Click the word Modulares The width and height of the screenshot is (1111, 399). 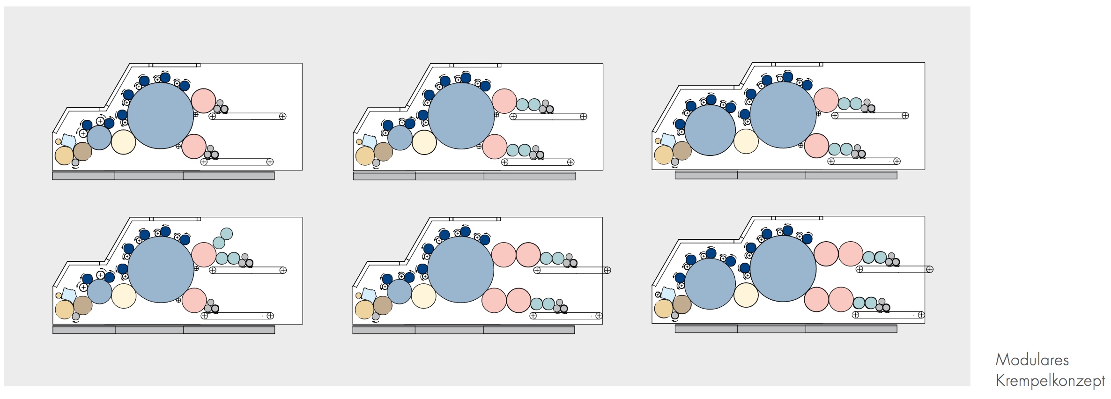pyautogui.click(x=1032, y=360)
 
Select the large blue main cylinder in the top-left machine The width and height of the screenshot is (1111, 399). pyautogui.click(x=161, y=116)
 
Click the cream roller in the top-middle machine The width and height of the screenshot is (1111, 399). pyautogui.click(x=424, y=142)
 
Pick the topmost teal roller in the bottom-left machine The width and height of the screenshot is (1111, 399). pyautogui.click(x=226, y=234)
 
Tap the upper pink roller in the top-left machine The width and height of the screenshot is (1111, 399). pyautogui.click(x=204, y=101)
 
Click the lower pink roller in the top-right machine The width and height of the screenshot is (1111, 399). pyautogui.click(x=816, y=146)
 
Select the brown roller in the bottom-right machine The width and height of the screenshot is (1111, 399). pyautogui.click(x=682, y=304)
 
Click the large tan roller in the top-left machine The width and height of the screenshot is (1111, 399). pyautogui.click(x=64, y=155)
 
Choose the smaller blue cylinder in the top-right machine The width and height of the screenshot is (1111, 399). pyautogui.click(x=710, y=130)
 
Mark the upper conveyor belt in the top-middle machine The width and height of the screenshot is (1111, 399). pyautogui.click(x=548, y=117)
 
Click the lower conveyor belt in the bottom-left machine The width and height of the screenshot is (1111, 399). pyautogui.click(x=237, y=316)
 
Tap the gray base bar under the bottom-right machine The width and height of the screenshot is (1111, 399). pyautogui.click(x=786, y=329)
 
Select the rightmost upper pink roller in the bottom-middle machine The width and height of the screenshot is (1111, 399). pyautogui.click(x=528, y=255)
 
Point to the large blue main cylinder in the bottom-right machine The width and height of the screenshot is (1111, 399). pyautogui.click(x=783, y=269)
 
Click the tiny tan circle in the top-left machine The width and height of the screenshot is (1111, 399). pyautogui.click(x=58, y=141)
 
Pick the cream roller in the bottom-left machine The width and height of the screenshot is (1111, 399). pyautogui.click(x=124, y=296)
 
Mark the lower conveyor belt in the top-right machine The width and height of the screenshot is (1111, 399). pyautogui.click(x=864, y=161)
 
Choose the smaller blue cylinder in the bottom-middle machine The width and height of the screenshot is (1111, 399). pyautogui.click(x=399, y=292)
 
